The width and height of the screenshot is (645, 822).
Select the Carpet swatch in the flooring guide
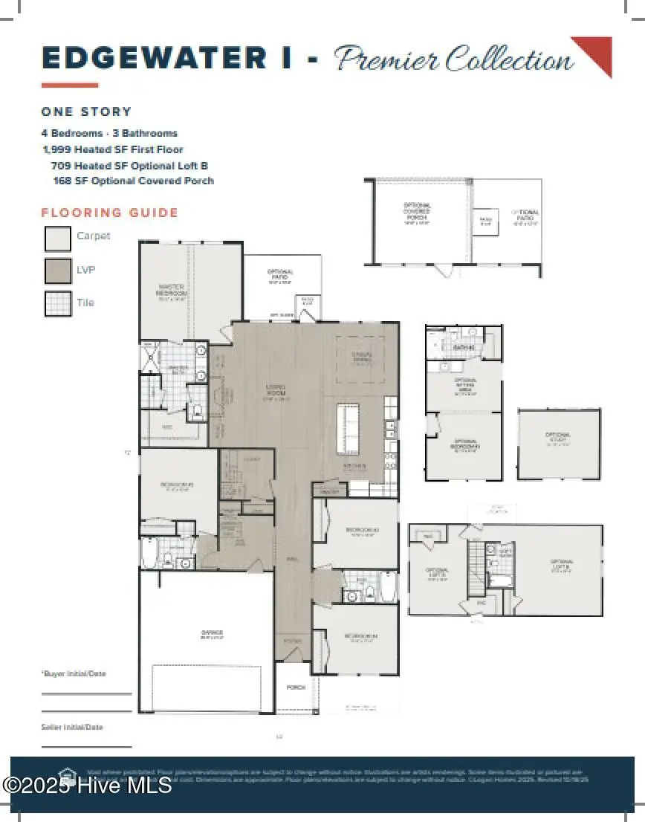pyautogui.click(x=58, y=238)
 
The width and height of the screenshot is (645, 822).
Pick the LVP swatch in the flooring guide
pyautogui.click(x=58, y=271)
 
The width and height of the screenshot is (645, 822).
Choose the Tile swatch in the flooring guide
pyautogui.click(x=58, y=304)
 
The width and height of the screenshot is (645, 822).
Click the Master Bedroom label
pyautogui.click(x=172, y=290)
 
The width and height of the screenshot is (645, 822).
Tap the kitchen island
pyautogui.click(x=347, y=430)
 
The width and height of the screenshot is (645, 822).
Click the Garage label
pyautogui.click(x=211, y=634)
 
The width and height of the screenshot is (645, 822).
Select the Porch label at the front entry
pyautogui.click(x=296, y=687)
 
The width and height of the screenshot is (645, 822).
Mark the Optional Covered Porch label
pyautogui.click(x=417, y=213)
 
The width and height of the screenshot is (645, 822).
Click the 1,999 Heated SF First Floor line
pyautogui.click(x=113, y=149)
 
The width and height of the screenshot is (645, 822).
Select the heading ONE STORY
pyautogui.click(x=86, y=111)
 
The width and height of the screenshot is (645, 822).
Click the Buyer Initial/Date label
pyautogui.click(x=73, y=673)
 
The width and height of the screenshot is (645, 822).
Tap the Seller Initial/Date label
pyautogui.click(x=72, y=727)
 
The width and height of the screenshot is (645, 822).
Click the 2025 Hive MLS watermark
pyautogui.click(x=87, y=785)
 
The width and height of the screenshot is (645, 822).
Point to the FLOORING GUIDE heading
pyautogui.click(x=110, y=213)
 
